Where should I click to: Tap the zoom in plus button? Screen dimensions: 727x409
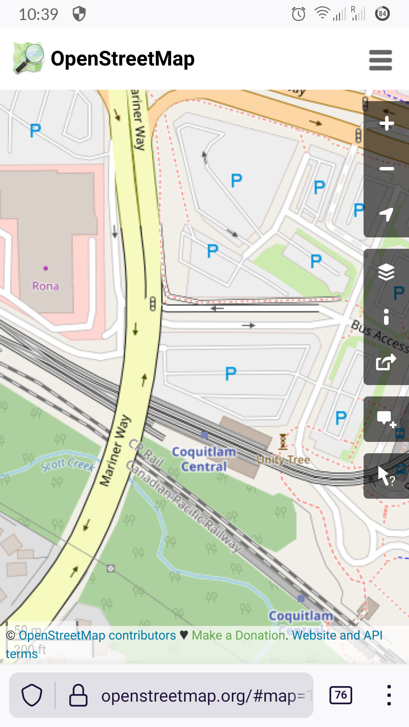tap(387, 123)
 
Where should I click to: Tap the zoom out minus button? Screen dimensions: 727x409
tap(387, 168)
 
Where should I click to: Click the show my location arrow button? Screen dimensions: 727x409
tap(387, 214)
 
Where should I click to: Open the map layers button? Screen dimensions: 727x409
tap(386, 272)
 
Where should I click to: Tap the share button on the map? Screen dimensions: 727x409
tap(386, 362)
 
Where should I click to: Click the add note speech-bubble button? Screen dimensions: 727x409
tap(386, 419)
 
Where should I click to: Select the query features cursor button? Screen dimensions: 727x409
tap(386, 476)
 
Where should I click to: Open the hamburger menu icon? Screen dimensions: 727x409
tap(381, 60)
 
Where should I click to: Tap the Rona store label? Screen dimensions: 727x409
tap(45, 286)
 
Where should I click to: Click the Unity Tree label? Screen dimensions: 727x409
tap(284, 460)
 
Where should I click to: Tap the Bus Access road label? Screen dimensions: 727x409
tap(379, 335)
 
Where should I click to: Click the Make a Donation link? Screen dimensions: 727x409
tap(239, 635)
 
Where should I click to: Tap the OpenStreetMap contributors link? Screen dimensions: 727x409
tap(97, 635)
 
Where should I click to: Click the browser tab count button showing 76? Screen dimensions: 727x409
tap(341, 695)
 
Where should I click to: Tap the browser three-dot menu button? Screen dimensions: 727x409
tap(389, 695)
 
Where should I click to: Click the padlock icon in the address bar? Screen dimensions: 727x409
tap(78, 695)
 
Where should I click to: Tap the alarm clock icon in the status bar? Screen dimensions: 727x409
tap(298, 14)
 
